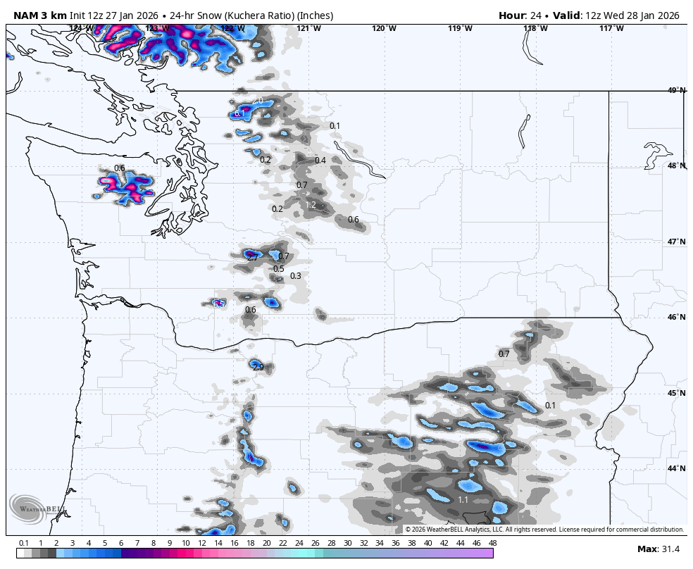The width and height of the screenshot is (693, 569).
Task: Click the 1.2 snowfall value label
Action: point(311,205)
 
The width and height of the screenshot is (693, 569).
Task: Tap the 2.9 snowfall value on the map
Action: point(258,367)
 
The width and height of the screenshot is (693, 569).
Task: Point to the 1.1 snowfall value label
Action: point(463,500)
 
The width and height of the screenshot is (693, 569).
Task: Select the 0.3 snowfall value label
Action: point(295,276)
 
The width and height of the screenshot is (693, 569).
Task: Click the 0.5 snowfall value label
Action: point(278,269)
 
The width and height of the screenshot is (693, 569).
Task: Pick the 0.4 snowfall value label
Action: point(320,161)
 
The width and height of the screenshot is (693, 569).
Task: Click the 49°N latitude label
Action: point(676,90)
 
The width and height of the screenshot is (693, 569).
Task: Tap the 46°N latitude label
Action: point(676,317)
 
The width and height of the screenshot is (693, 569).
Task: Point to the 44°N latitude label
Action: point(676,468)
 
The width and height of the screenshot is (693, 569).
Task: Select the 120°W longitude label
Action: point(385,28)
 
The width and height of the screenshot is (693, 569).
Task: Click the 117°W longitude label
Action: point(611,28)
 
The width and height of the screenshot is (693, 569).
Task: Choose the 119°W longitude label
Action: point(460,28)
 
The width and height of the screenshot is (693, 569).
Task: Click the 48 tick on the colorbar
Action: point(492,543)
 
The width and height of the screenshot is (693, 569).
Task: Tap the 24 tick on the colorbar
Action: point(299,543)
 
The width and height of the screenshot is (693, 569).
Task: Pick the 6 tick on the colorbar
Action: point(121,543)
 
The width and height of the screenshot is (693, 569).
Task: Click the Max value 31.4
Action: point(668,549)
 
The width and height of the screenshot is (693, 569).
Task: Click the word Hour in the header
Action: point(512,15)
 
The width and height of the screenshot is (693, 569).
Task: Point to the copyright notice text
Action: point(544,530)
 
